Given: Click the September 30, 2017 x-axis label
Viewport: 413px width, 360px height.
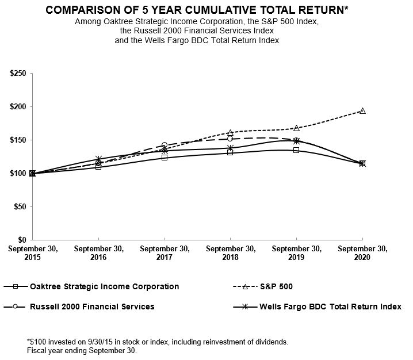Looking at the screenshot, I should [165, 253].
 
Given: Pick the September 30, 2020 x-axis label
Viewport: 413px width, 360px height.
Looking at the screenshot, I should [362, 253].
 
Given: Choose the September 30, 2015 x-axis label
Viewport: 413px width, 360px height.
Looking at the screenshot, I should [32, 253].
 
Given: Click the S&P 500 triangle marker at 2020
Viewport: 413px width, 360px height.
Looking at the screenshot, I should [362, 111].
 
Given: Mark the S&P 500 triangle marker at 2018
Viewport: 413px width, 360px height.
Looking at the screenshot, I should [230, 133].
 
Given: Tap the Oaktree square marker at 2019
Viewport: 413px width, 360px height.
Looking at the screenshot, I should [296, 150].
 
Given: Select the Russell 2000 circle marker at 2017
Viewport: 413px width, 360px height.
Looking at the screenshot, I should [165, 145].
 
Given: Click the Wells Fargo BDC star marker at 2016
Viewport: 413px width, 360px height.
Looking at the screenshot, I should [98, 159].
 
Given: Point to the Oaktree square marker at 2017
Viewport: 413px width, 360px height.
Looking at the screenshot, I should [165, 157].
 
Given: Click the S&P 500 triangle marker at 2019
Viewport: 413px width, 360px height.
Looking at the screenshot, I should [296, 128].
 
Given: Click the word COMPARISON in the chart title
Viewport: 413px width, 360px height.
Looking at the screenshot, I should [81, 10].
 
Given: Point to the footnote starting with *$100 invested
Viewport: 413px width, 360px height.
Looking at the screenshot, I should [158, 342].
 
